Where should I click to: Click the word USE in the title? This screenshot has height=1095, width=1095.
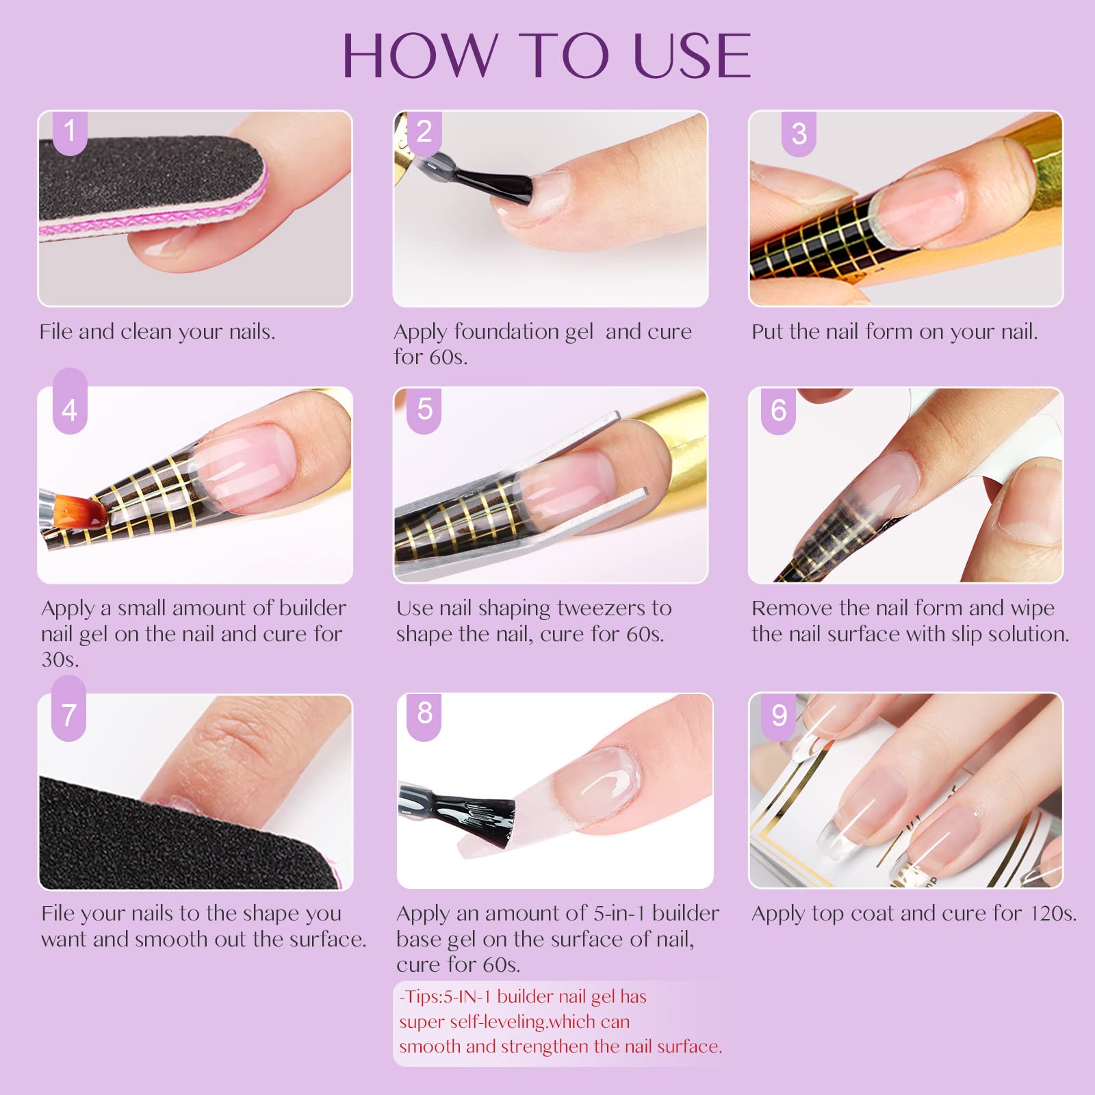coord(692,55)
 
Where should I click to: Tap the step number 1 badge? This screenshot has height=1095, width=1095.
coord(70,131)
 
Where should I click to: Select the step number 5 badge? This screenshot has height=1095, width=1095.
coord(424,410)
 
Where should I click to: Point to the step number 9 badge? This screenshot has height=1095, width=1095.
coord(779,717)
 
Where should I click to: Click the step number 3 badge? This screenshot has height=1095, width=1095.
coord(799,133)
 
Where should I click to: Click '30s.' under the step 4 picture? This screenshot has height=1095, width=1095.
coord(60,660)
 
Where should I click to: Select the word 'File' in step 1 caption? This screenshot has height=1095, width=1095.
coord(56,332)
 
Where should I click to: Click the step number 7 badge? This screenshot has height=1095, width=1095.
coord(68,715)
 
